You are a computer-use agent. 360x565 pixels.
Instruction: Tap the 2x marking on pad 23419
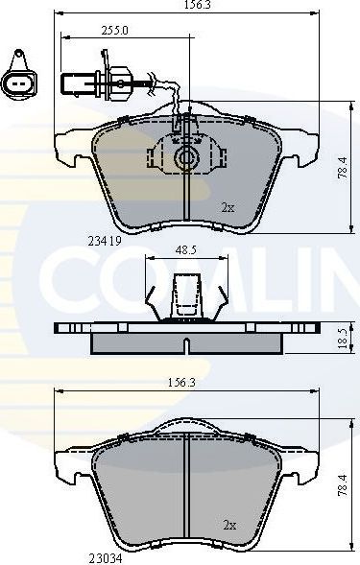228,206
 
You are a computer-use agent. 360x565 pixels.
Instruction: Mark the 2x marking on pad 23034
228,525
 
